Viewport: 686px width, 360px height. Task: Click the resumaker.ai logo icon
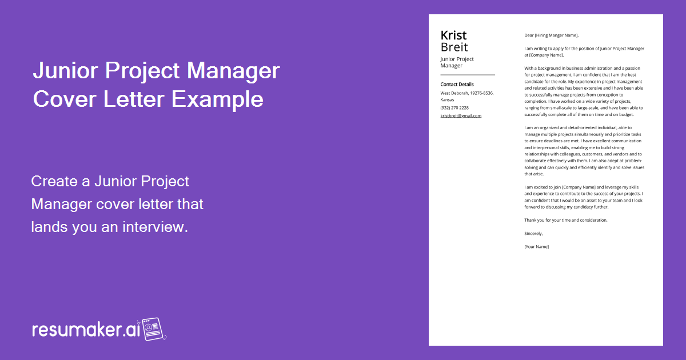[x=153, y=329]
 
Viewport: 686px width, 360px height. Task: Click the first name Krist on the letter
[x=453, y=35]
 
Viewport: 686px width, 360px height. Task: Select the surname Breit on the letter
[x=454, y=47]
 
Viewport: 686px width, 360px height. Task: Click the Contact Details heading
[x=457, y=85]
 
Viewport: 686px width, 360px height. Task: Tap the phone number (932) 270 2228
[x=454, y=108]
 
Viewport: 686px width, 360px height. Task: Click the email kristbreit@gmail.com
[x=461, y=115]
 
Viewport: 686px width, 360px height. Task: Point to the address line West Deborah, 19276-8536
[x=467, y=93]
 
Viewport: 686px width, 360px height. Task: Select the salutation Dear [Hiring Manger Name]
[x=551, y=35]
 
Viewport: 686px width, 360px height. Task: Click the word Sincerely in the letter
[x=533, y=233]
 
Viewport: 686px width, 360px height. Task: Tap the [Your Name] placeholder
[x=536, y=247]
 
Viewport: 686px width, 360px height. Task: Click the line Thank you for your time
[x=565, y=220]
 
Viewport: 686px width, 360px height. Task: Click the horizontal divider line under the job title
[x=468, y=75]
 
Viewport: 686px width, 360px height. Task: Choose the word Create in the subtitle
[x=53, y=182]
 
